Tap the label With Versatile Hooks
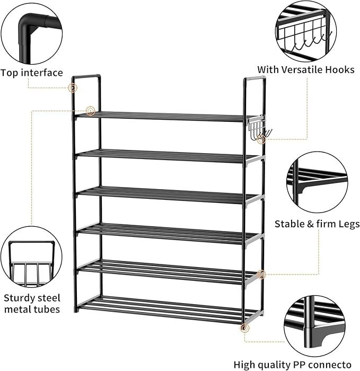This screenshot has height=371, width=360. tap(306, 69)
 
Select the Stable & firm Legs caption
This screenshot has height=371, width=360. tap(317, 224)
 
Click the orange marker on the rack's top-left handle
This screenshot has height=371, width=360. tap(73, 87)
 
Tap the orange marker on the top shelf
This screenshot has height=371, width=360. tap(91, 111)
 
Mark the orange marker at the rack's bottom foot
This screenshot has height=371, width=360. tap(244, 329)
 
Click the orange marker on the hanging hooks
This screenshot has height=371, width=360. tap(259, 139)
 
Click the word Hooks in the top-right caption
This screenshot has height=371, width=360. tap(340, 69)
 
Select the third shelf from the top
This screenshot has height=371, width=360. tap(164, 194)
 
